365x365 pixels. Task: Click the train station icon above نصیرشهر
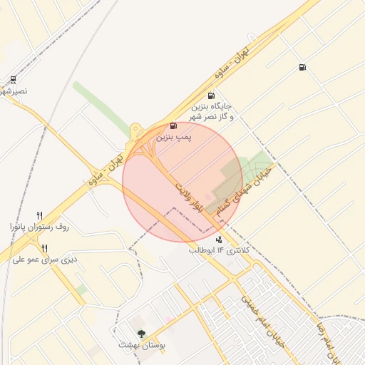coord(14,81)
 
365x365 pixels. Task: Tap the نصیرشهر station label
coord(14,92)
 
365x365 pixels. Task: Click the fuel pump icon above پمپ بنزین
coord(175,125)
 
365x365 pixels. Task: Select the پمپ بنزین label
coord(175,135)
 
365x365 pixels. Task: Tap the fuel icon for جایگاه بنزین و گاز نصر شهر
coord(210,96)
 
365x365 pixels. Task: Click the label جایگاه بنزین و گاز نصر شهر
coord(212,110)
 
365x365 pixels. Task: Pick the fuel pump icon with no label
coord(303,68)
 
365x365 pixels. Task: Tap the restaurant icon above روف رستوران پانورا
coord(39,215)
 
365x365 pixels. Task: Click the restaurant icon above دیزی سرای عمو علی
coord(44,248)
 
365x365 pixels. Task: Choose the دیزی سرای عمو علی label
coord(43,259)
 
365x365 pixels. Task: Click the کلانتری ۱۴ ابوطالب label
coord(219,251)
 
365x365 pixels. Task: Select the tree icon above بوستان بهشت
coord(141,334)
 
